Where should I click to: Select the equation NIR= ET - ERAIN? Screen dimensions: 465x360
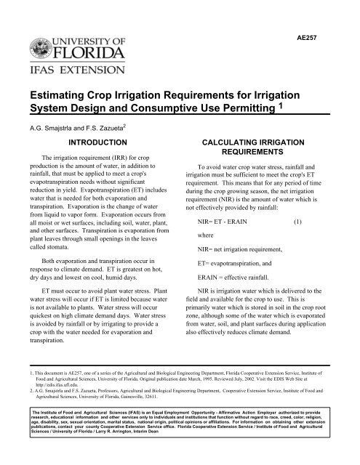point(227,239)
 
